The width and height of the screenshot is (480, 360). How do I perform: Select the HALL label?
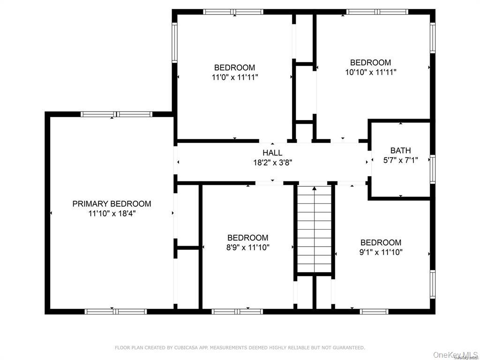pos(272,153)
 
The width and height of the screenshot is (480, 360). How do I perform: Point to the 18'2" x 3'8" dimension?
pos(272,163)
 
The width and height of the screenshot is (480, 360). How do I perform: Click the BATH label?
pos(400,150)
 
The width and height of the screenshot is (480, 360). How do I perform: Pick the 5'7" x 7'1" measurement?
pos(400,160)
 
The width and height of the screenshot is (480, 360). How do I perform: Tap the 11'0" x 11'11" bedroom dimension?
pos(234,77)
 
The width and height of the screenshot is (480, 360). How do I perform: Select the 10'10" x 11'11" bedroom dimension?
pos(370,72)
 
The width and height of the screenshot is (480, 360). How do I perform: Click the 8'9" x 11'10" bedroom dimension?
pos(247,247)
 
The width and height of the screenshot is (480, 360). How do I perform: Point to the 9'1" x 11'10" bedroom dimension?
pos(381,252)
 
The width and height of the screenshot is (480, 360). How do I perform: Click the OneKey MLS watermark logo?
pos(455,354)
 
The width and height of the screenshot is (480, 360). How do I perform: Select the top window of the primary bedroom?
pos(116,114)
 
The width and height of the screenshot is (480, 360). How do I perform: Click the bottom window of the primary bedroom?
pos(115,311)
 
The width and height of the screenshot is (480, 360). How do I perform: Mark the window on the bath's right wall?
pos(433,169)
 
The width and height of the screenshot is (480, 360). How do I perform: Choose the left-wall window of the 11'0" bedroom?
pos(174,43)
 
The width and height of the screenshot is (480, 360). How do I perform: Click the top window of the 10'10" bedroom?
pos(377,12)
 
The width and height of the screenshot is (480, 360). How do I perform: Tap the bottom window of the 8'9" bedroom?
pos(237,311)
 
